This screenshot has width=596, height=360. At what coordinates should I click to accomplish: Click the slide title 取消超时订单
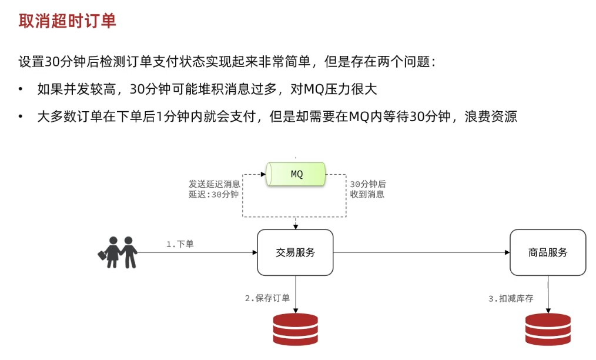pos(68,21)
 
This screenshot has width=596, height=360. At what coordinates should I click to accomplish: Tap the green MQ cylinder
pos(296,175)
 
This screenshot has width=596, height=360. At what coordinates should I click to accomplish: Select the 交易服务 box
pos(295,252)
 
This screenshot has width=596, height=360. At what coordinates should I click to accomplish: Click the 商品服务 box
pos(548,252)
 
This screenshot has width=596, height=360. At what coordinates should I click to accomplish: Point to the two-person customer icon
pos(118,252)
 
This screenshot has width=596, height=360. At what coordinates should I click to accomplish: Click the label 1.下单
pos(180,244)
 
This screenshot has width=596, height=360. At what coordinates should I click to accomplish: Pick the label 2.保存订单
pos(267,298)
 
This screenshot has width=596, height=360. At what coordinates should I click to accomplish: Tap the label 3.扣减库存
pos(511,299)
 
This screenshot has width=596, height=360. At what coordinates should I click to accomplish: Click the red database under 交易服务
pos(295,329)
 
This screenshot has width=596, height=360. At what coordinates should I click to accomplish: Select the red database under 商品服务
pos(548,329)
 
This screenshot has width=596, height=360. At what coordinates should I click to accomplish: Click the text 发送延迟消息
pos(215,184)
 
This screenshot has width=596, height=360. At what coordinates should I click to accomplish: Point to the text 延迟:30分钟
pos(214,194)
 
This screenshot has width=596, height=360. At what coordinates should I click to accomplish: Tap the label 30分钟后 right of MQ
pos(368,184)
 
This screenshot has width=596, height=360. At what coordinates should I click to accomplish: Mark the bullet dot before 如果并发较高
pos(21,89)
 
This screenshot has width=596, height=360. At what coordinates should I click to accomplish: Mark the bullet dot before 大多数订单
pos(21,116)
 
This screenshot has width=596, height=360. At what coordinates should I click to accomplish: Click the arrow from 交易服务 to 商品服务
pos(421,252)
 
